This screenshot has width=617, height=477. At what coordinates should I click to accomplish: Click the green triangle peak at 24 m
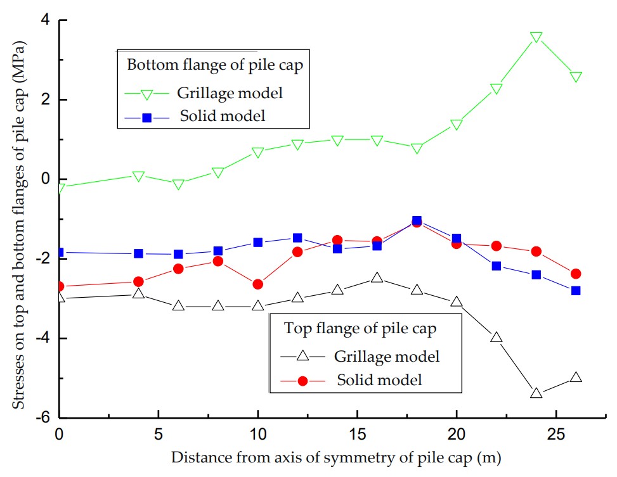coord(536,37)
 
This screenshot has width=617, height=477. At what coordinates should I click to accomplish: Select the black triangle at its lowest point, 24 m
coord(536,393)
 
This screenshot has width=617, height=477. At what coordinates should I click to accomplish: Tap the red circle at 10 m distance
coord(257,284)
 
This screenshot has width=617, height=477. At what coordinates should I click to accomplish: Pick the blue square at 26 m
coord(576,291)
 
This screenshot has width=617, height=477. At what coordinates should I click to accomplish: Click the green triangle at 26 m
coord(576,77)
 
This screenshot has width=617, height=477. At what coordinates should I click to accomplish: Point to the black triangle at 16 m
coord(377,277)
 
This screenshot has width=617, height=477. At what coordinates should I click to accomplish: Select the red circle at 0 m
coord(60,286)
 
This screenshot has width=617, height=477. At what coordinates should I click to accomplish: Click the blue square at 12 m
coord(297,238)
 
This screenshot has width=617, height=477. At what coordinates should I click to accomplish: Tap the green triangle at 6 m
coord(178,184)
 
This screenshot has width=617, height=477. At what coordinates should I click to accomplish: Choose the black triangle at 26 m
coord(576,377)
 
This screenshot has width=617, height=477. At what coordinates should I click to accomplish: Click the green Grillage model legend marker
coord(146,94)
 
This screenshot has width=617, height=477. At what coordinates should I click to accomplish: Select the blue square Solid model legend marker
coord(146,117)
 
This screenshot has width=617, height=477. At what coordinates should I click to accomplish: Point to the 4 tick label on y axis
coord(46,20)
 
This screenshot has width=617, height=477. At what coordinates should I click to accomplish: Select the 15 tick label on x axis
coord(357,436)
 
